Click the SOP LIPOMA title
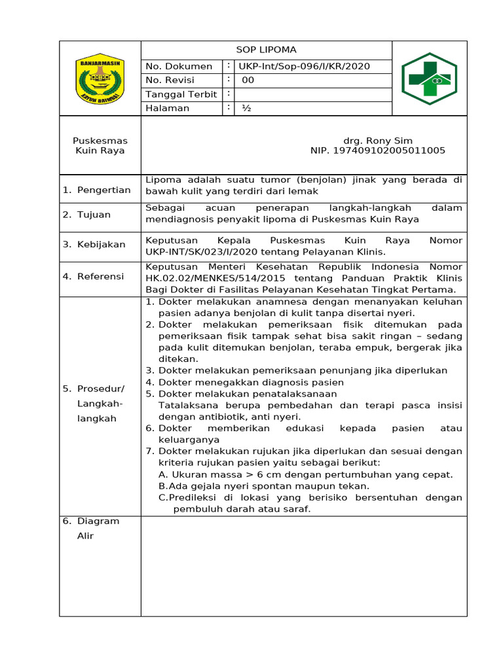point(266,50)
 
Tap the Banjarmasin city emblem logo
point(100,79)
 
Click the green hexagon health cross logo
point(429,79)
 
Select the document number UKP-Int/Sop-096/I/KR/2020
point(305,66)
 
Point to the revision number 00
point(248,80)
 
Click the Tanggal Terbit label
point(181,94)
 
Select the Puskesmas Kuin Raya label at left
point(100,145)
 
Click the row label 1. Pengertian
point(96,190)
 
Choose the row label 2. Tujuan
point(86,215)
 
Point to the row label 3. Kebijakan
point(94,244)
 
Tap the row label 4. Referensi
point(93,276)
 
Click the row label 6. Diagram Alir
point(91,528)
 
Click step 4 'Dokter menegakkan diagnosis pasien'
point(251,382)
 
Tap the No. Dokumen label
point(179,66)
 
